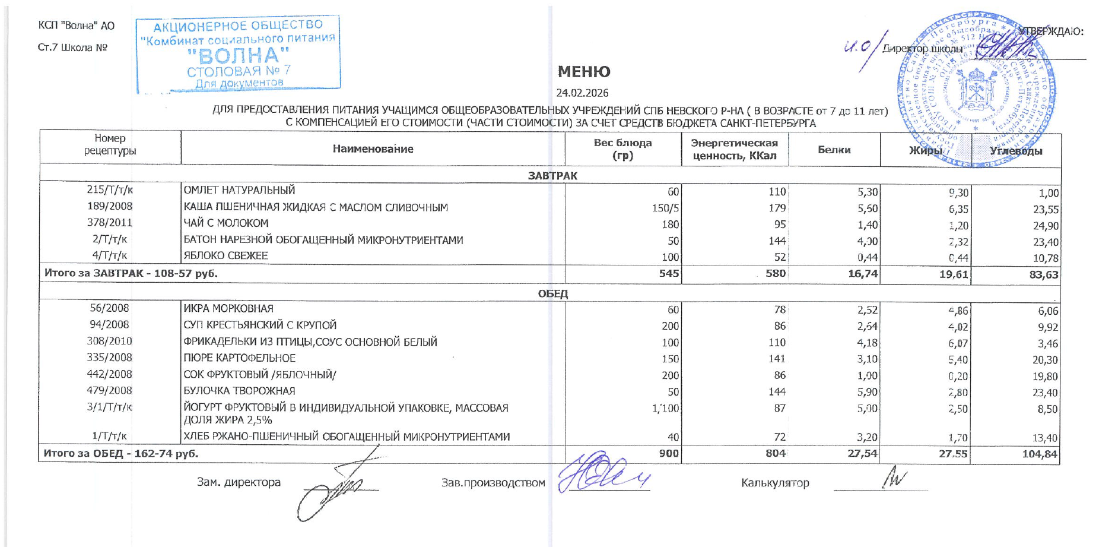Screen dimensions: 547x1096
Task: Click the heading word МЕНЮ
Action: pyautogui.click(x=583, y=72)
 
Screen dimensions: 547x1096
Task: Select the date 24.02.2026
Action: pyautogui.click(x=582, y=93)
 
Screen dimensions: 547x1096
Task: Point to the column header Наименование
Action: pyautogui.click(x=373, y=148)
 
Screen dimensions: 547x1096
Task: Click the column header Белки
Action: pyautogui.click(x=834, y=150)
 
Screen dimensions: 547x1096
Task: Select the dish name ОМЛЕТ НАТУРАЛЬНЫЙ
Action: pyautogui.click(x=239, y=190)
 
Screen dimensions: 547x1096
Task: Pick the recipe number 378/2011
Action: pyautogui.click(x=110, y=223)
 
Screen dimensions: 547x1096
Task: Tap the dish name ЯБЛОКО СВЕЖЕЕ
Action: pyautogui.click(x=225, y=255)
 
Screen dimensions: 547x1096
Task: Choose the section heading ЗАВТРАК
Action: pyautogui.click(x=552, y=175)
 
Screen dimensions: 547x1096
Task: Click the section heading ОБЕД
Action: pyautogui.click(x=552, y=293)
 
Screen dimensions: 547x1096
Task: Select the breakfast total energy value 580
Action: pyautogui.click(x=775, y=273)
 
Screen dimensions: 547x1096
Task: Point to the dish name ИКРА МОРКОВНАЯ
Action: pyautogui.click(x=228, y=308)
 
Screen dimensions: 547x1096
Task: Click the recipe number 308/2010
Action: pyautogui.click(x=110, y=341)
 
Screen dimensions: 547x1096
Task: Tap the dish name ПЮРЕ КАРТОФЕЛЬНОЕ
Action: pyautogui.click(x=239, y=358)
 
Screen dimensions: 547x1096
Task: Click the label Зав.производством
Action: pyautogui.click(x=493, y=483)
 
